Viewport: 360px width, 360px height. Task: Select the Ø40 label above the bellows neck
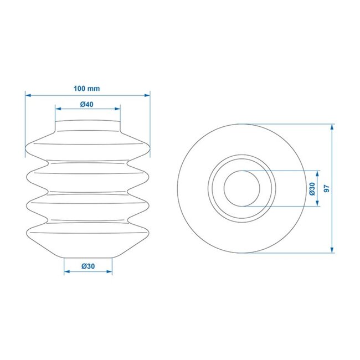(x=87, y=105)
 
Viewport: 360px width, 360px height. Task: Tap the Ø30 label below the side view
(x=88, y=266)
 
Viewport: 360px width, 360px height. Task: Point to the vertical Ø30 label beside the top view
(x=312, y=188)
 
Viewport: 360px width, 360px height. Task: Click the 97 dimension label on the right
(x=326, y=188)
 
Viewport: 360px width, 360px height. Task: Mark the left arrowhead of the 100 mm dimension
(x=27, y=95)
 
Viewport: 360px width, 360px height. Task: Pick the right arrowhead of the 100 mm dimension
(x=148, y=95)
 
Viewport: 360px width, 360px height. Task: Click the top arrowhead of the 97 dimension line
(x=332, y=127)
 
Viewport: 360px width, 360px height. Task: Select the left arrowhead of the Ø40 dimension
(x=57, y=108)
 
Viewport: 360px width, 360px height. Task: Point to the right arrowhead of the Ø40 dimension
(x=118, y=108)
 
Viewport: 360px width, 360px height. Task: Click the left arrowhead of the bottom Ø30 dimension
(x=66, y=272)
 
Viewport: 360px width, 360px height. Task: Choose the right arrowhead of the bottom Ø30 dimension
(x=110, y=272)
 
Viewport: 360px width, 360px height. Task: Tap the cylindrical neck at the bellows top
(x=88, y=126)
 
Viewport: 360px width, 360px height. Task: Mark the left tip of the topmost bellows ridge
(x=27, y=148)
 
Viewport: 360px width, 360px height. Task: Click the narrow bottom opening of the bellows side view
(x=88, y=256)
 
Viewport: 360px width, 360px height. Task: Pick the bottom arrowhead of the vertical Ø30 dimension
(x=318, y=204)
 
